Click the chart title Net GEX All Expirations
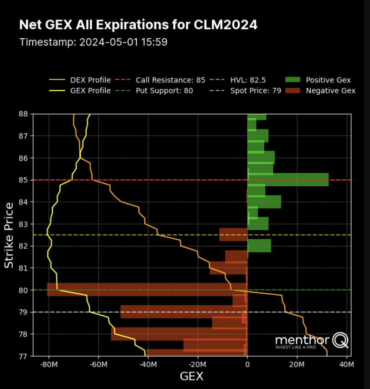[x=138, y=25]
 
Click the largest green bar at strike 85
[x=288, y=179]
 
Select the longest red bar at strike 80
[x=147, y=290]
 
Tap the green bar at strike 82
[x=259, y=246]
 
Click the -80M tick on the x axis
[x=49, y=365]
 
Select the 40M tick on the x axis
[x=346, y=365]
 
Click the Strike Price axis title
[x=9, y=235]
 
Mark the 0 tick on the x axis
[x=247, y=365]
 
